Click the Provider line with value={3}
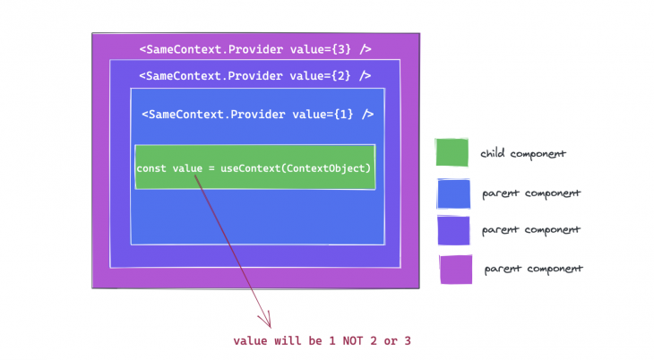pos(255,49)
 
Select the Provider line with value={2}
pos(255,76)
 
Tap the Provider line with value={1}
pos(257,115)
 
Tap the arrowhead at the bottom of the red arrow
pos(266,321)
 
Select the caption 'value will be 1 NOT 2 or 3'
pos(322,341)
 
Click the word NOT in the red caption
pos(351,341)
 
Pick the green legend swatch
pos(452,153)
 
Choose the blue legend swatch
pos(453,193)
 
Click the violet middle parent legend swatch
pos(453,230)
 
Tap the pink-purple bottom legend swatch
pos(455,269)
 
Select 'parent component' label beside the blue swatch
pos(530,193)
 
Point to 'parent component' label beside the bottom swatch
pos(533,269)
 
